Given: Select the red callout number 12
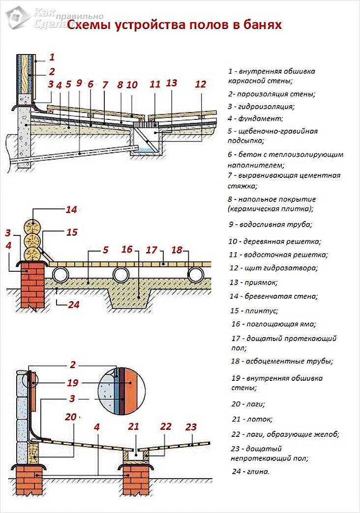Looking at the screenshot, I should click(200, 84).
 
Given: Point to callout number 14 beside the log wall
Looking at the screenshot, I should click(71, 210).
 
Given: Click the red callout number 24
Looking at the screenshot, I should click(73, 305).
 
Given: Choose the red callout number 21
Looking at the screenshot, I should click(134, 426).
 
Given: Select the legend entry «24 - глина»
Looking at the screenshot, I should click(250, 471).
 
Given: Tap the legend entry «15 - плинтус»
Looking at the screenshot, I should click(254, 311).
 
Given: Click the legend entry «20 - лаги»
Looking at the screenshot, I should click(248, 404).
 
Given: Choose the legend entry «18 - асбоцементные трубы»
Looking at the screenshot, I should click(282, 361).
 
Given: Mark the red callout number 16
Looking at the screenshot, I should click(127, 250).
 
